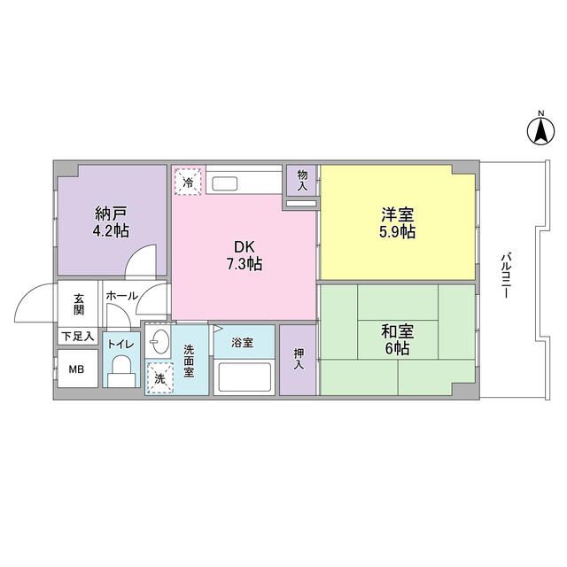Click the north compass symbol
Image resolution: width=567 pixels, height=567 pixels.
540,132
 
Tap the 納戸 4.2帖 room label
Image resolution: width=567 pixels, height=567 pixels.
111,222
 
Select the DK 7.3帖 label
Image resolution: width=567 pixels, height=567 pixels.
245,256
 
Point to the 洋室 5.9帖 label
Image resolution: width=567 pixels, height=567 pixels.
398,223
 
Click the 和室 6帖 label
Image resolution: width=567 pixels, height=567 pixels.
398,340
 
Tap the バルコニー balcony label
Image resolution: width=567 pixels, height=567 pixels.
506,276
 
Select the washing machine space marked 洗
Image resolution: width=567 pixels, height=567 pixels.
159,378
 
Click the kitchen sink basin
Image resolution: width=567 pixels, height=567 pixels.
224,183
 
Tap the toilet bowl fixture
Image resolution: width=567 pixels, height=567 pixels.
121,371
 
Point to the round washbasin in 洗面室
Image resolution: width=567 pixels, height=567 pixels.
159,342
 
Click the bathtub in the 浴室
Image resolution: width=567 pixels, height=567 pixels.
245,377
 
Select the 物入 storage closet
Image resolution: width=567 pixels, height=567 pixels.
301,180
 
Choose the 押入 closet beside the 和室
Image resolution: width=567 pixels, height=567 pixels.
298,360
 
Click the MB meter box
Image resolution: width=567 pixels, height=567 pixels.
77,369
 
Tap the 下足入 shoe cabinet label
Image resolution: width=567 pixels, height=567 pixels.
78,337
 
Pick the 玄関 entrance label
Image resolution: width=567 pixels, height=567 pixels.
79,305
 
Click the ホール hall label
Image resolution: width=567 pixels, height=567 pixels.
122,296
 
